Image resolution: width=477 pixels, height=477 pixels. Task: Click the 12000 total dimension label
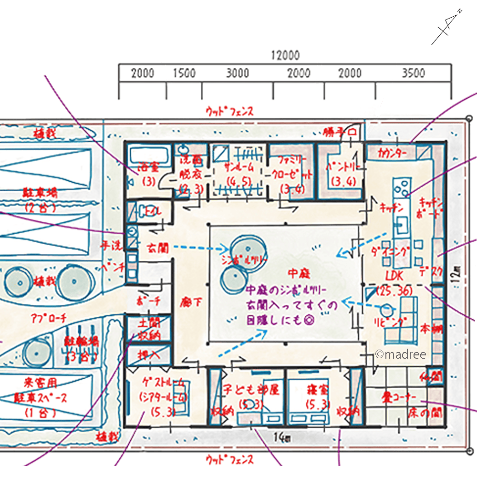[285, 55]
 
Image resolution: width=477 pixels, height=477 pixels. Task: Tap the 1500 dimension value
[184, 73]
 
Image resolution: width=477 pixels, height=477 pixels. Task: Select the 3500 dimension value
[413, 73]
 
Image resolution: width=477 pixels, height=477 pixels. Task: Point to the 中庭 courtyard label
[300, 273]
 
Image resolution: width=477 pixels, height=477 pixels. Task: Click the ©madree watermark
[401, 354]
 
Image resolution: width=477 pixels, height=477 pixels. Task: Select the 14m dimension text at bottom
[285, 437]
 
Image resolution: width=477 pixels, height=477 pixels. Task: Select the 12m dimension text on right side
[457, 272]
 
